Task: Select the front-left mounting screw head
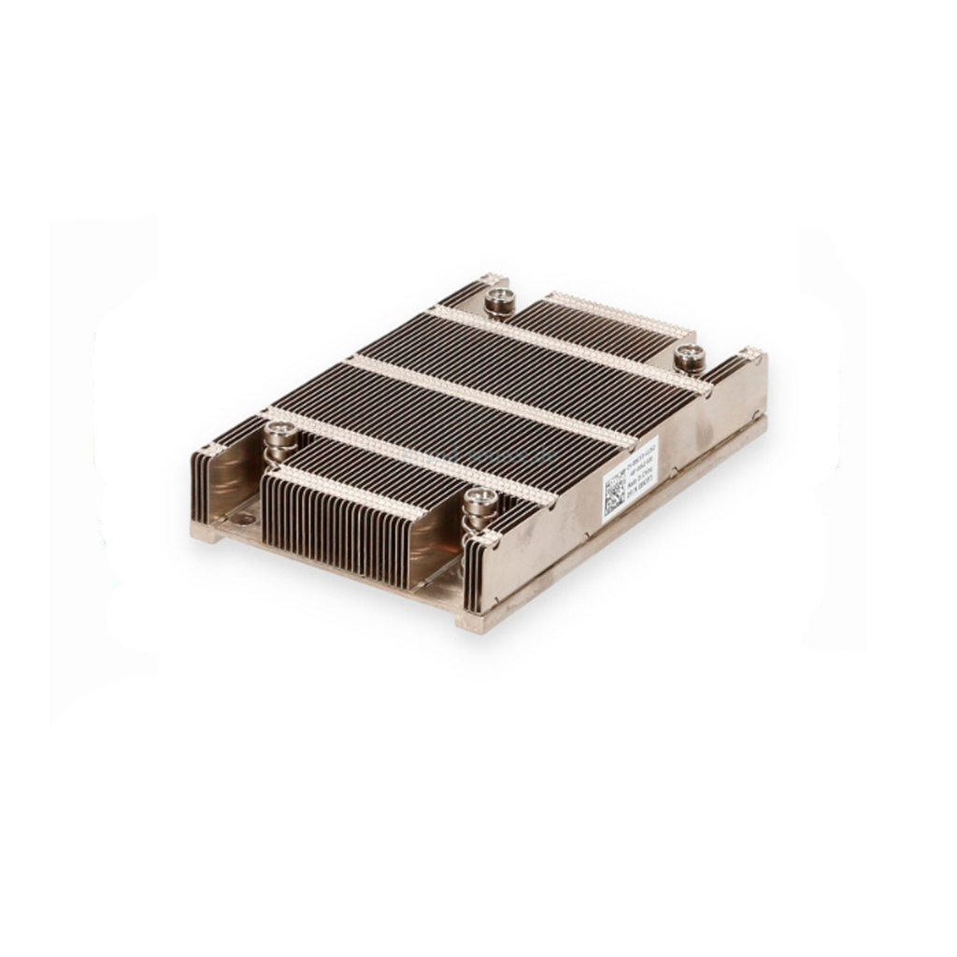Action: pyautogui.click(x=279, y=431)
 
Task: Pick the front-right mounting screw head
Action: pyautogui.click(x=481, y=498)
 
